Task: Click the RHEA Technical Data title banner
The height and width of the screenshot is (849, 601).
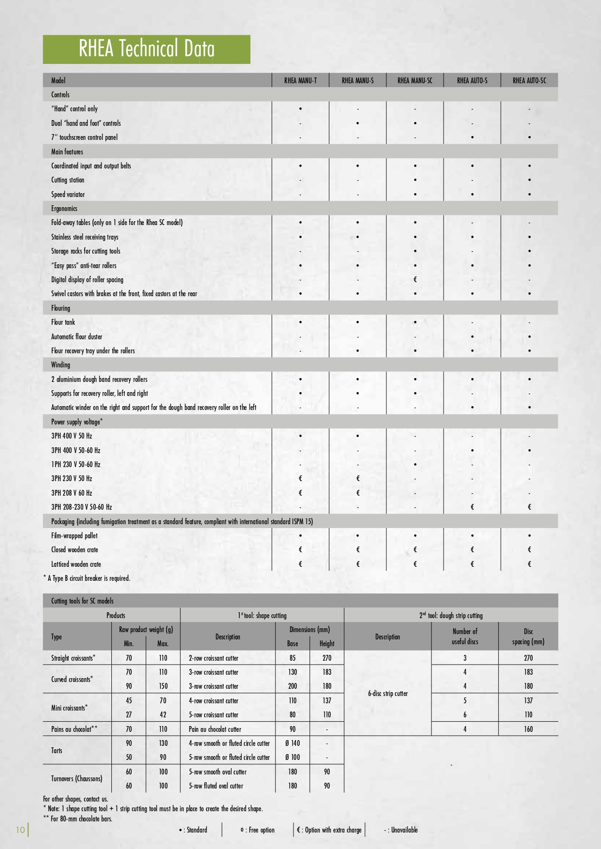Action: point(146,49)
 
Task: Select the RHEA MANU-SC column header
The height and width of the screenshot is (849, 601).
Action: point(415,81)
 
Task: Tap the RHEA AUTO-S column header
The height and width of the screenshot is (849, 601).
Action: point(472,81)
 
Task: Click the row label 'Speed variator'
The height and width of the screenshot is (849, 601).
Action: point(68,195)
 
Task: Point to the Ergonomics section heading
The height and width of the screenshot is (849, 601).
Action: point(64,209)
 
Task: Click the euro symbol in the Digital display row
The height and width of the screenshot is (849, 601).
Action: point(415,279)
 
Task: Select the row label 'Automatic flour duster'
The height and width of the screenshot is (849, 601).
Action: point(77,336)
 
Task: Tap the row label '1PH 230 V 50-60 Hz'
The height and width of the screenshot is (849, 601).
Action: point(76,464)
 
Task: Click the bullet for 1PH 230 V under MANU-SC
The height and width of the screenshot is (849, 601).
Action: point(415,465)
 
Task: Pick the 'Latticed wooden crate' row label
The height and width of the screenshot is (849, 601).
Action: point(76,564)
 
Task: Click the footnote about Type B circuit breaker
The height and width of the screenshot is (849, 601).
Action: point(87,578)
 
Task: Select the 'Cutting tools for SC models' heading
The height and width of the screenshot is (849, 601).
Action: point(82,601)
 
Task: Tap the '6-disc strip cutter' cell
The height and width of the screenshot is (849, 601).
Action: point(387,694)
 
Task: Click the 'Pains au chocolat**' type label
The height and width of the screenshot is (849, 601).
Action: point(74,729)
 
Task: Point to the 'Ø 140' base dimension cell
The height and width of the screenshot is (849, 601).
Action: point(293,743)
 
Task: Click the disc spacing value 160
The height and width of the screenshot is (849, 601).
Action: point(528,729)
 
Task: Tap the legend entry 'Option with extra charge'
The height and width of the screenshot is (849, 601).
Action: point(329,830)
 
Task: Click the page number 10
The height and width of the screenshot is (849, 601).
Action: point(20,830)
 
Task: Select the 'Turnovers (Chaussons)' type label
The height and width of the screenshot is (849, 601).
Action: point(77,778)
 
